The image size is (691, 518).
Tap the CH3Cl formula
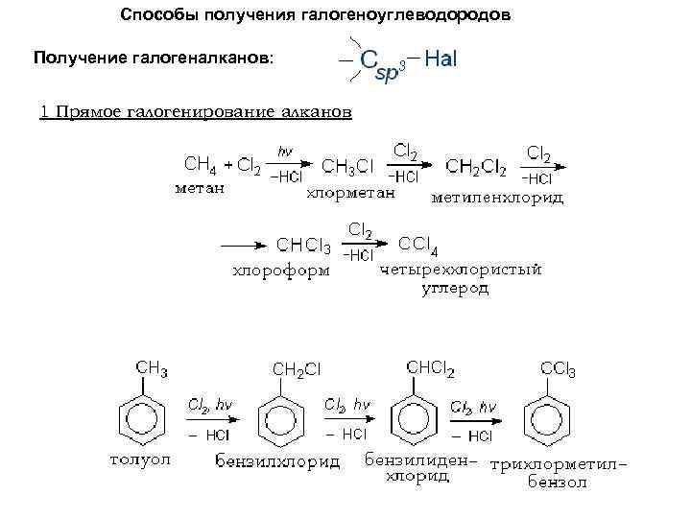[x=347, y=167]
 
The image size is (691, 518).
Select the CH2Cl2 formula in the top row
[x=477, y=167]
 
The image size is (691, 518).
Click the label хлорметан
[x=350, y=193]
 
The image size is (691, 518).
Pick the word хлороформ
[x=281, y=271]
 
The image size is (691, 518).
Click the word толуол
[x=139, y=459]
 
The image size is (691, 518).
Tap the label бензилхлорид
[x=276, y=463]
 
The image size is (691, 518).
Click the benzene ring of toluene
[x=140, y=416]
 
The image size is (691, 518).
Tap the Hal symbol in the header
[x=441, y=59]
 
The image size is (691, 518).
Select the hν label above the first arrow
[x=285, y=151]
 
